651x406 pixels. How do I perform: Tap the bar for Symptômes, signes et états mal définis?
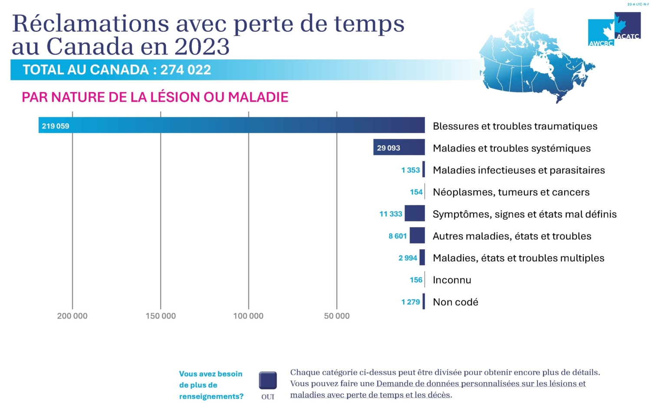click(x=414, y=213)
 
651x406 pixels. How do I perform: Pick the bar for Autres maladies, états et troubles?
click(x=417, y=235)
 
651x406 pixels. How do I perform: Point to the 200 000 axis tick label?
click(x=72, y=316)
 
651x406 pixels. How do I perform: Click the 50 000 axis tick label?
click(x=336, y=316)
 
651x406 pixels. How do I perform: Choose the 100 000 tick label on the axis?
click(x=248, y=316)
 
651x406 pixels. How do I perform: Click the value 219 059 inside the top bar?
click(x=56, y=126)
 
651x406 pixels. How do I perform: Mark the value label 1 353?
click(x=411, y=170)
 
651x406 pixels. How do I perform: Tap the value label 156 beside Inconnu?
click(x=416, y=280)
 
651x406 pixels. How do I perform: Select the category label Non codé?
click(x=455, y=302)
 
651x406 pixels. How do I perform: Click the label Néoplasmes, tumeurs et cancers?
click(x=511, y=192)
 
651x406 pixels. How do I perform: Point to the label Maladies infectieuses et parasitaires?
click(x=519, y=170)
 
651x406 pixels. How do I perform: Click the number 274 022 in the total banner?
click(x=186, y=70)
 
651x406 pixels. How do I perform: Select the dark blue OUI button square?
click(x=268, y=380)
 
